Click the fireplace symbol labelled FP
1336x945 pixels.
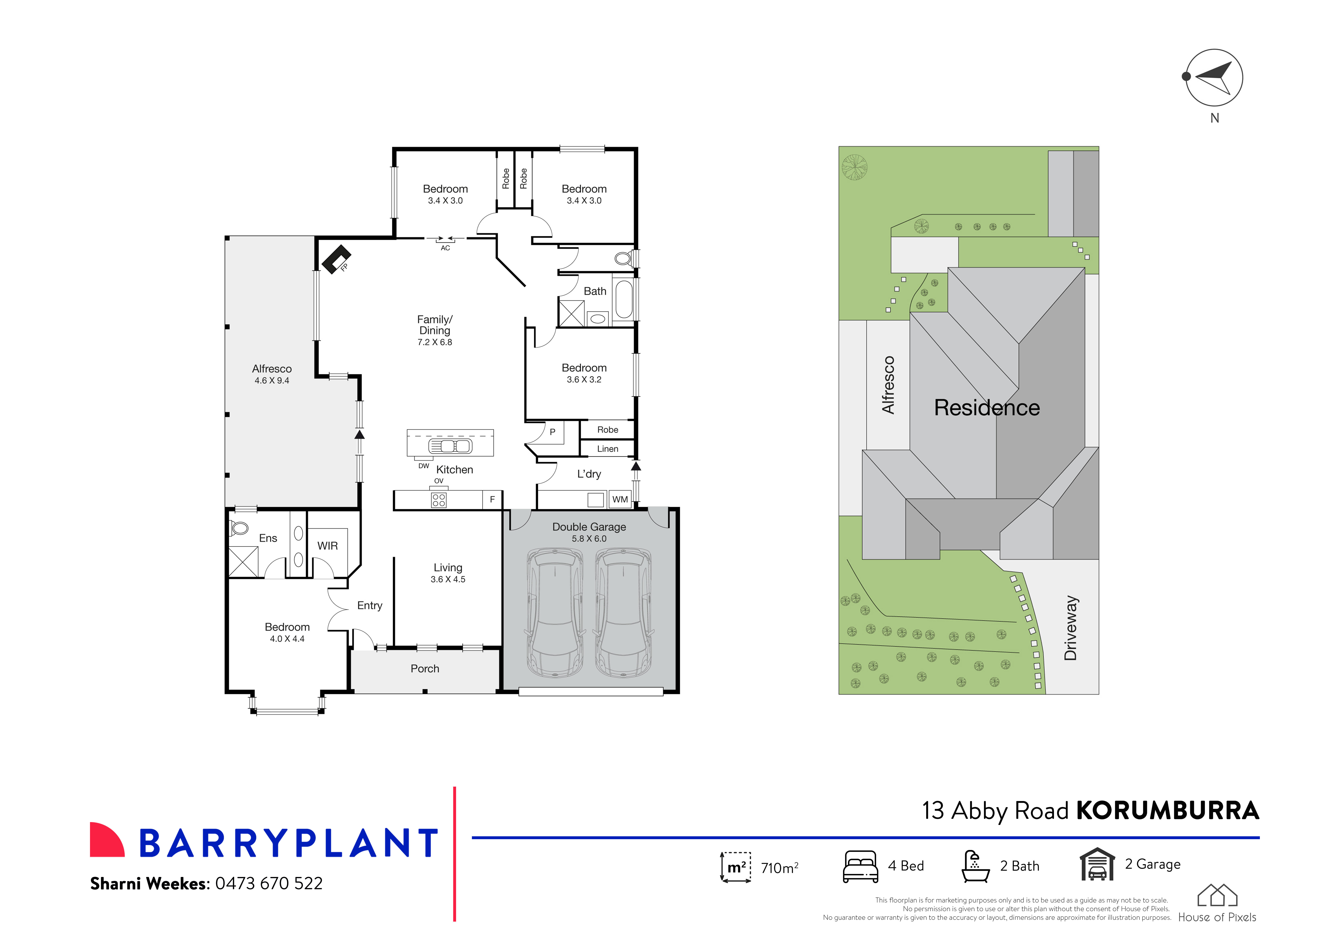pos(336,259)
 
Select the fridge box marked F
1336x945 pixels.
pos(492,499)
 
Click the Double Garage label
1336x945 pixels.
pos(589,527)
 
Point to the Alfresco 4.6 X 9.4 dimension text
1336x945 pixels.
pos(272,381)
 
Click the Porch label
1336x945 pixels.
pos(425,669)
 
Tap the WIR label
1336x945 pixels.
pos(328,546)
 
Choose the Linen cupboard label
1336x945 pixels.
pos(607,449)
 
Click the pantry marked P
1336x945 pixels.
pos(553,432)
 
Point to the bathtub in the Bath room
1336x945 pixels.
pos(624,300)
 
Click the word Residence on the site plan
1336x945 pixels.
pos(987,407)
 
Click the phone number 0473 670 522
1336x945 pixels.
pos(269,883)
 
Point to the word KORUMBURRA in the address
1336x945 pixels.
pos(1167,811)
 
